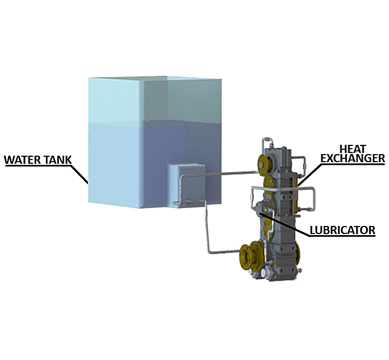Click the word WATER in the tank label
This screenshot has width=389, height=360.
[22, 159]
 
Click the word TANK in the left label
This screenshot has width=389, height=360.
[58, 159]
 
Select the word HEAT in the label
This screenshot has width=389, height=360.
[352, 149]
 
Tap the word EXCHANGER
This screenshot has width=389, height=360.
[352, 158]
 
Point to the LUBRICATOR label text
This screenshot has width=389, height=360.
[343, 230]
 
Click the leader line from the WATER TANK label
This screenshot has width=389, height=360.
[79, 174]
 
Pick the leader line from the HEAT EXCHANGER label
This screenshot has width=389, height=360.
[310, 174]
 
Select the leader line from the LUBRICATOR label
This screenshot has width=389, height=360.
[284, 224]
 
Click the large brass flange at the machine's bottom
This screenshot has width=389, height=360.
[249, 257]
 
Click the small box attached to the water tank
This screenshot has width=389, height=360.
[188, 185]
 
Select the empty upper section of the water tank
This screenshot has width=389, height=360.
[155, 99]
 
